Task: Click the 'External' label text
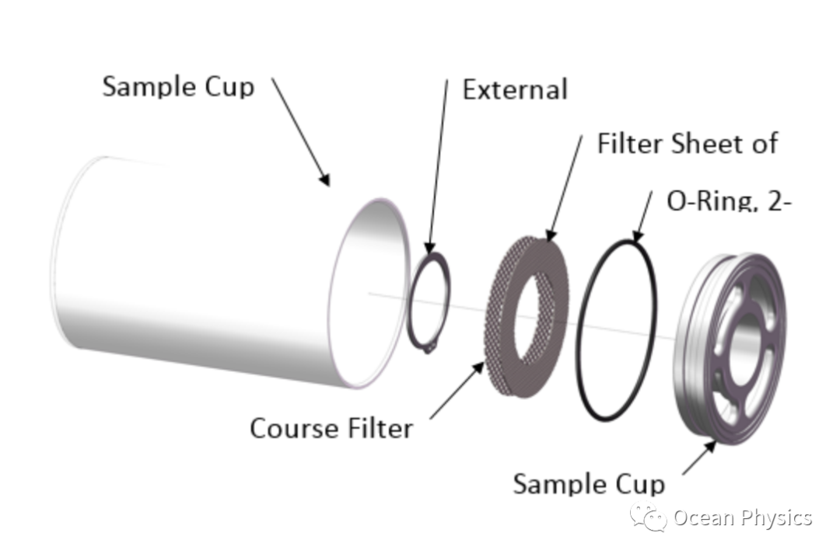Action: point(514,89)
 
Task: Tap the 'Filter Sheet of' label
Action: point(687,144)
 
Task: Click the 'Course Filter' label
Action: point(331,428)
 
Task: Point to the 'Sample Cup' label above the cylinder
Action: point(178,86)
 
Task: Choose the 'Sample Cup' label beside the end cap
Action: point(589,484)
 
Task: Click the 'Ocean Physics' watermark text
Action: point(742,518)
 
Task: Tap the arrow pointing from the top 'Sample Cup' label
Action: point(300,131)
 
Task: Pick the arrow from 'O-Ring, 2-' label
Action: point(643,216)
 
